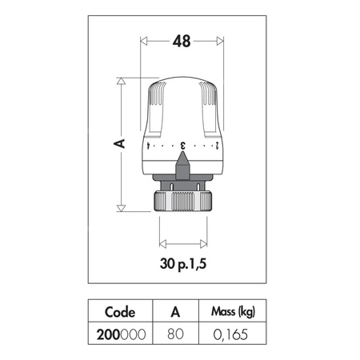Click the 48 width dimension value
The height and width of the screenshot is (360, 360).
[182, 42]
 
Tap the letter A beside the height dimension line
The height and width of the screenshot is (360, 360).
[119, 143]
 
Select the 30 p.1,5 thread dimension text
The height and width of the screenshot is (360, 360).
[183, 264]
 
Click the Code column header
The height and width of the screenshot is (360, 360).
[120, 312]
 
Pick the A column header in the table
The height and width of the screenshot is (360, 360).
[175, 311]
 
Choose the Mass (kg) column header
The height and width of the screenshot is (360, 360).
[233, 312]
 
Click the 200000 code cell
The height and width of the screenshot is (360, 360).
[121, 334]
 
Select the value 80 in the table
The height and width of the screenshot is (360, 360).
[175, 334]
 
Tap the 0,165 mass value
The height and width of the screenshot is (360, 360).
[230, 334]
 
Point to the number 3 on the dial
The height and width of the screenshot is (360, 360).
[183, 146]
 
